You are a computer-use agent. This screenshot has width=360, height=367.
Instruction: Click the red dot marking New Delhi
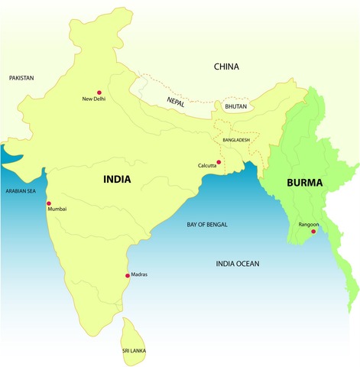tap(99, 93)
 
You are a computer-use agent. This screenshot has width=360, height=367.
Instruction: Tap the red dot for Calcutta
tap(219, 162)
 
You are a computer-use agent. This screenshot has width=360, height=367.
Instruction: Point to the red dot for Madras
tap(128, 275)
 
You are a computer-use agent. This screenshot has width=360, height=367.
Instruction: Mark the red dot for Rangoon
tap(313, 231)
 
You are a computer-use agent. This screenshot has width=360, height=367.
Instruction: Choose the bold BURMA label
tap(305, 183)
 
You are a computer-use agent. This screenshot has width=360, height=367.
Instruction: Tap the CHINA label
tap(226, 67)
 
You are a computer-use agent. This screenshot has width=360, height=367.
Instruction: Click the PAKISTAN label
tap(23, 78)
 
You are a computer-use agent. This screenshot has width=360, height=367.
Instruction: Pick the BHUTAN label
tap(235, 107)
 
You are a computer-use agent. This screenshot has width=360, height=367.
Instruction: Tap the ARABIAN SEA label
tap(21, 190)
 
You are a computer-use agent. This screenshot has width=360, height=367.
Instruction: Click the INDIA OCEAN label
tap(238, 264)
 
